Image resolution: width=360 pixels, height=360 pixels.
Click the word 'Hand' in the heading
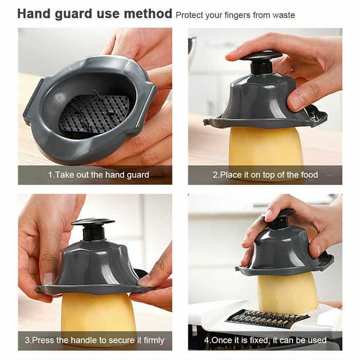(x=34, y=13)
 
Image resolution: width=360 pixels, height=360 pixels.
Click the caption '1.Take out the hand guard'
(x=99, y=175)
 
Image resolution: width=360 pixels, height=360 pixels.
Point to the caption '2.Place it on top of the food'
(x=265, y=175)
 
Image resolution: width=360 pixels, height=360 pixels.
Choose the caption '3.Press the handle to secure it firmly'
(x=94, y=340)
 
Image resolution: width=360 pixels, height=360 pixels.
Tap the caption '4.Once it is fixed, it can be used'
(x=265, y=340)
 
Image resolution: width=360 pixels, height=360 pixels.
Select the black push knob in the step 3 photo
(x=93, y=229)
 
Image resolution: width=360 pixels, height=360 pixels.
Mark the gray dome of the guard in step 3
(x=94, y=264)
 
